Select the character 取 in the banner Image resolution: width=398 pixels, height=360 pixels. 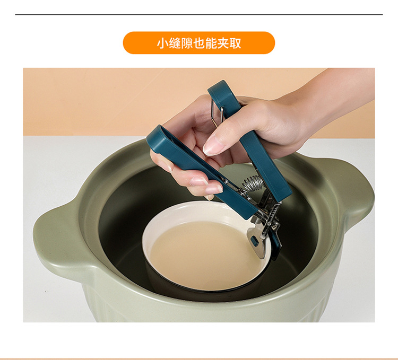point(236,43)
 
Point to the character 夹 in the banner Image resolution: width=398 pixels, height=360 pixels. point(223,43)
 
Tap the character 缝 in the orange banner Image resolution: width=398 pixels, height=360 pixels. point(175,43)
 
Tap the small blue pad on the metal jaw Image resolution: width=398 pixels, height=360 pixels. point(255,241)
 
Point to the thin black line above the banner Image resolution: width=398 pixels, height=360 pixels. point(199,14)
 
